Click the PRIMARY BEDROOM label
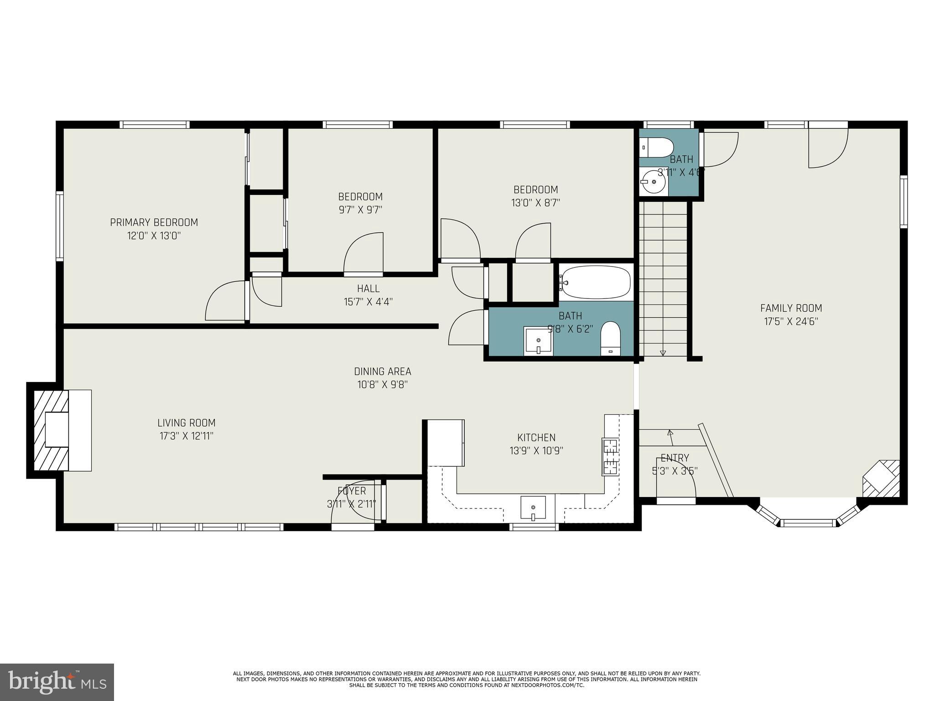pos(154,222)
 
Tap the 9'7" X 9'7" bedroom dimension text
pos(360,210)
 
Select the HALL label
pos(368,288)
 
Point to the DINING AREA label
pos(383,371)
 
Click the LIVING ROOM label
pos(186,423)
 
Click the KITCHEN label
pos(536,438)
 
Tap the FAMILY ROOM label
pos(791,308)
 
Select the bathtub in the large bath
pos(596,282)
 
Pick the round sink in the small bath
pos(653,181)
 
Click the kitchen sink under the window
pos(533,507)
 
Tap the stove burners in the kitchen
pos(610,457)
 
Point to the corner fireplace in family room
pos(882,479)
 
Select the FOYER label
pos(352,491)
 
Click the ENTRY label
pos(675,458)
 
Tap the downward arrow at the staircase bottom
pos(663,352)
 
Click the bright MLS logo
pos(57,682)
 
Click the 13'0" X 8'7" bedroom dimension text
pos(535,203)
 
